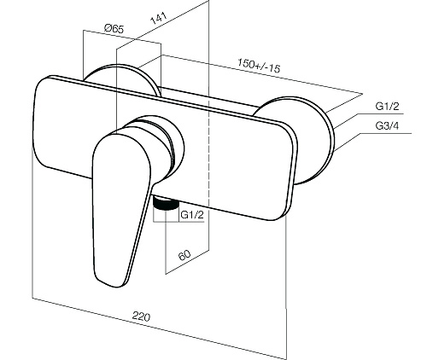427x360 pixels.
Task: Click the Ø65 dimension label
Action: (114, 29)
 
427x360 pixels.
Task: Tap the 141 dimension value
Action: (158, 18)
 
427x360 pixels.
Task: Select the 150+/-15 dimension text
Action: (259, 66)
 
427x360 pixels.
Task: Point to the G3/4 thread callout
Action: (387, 125)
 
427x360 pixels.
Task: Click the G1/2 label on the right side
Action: (387, 106)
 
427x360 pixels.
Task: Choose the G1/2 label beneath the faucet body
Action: (192, 215)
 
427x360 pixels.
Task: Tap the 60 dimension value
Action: (184, 255)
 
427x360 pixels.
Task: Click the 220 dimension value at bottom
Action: (141, 316)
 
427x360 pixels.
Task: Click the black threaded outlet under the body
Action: (166, 204)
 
